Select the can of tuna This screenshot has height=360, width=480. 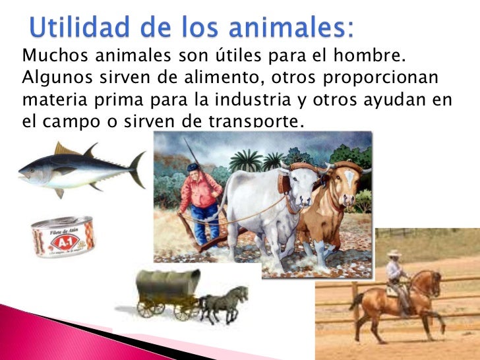63,236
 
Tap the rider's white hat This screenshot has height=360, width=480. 394,253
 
